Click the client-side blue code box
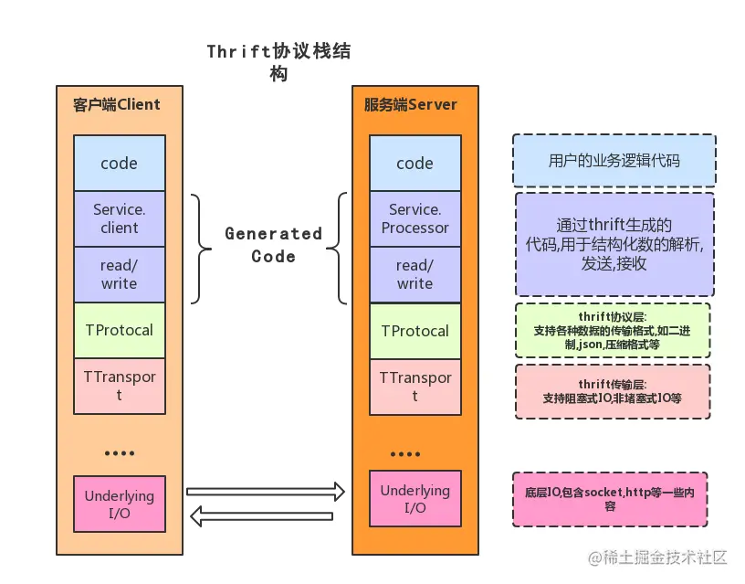(x=120, y=163)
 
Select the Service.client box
(x=120, y=218)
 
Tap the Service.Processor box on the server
(x=415, y=218)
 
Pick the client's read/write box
(x=120, y=274)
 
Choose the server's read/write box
(x=415, y=274)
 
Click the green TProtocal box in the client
(x=120, y=330)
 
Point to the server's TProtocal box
(x=415, y=331)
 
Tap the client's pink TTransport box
(x=120, y=386)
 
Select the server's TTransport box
(x=415, y=387)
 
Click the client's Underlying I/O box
(x=120, y=504)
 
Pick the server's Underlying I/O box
(x=415, y=498)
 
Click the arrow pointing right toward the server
(x=266, y=492)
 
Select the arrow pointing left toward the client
(x=261, y=516)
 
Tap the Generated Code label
(x=273, y=245)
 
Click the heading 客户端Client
(x=117, y=104)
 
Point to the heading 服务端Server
(x=411, y=104)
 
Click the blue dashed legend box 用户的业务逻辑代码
(x=614, y=160)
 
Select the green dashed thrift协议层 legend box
(x=613, y=331)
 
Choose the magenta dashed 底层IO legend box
(x=610, y=499)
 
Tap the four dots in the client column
(x=120, y=453)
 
